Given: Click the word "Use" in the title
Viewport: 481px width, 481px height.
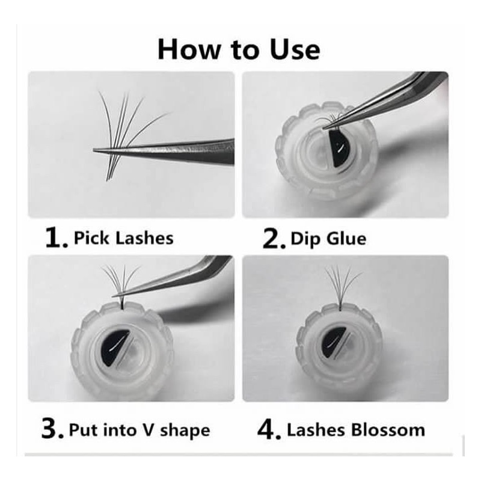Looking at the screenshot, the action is [295, 50].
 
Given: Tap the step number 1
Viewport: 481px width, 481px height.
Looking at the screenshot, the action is [56, 238].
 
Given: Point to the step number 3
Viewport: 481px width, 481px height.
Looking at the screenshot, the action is [52, 430].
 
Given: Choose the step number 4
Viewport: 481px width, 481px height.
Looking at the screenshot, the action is [269, 430].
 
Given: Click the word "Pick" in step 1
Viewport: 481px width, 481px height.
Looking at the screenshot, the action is [93, 238].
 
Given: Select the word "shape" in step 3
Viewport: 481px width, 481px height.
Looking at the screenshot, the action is [185, 431].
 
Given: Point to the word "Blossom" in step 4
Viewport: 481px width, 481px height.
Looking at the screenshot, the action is [388, 430].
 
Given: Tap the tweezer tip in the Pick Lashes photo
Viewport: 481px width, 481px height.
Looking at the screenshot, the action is [94, 150].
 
